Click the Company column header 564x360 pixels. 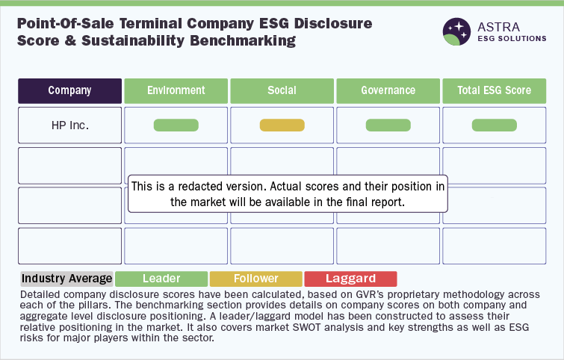(x=69, y=91)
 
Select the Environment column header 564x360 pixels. (x=176, y=91)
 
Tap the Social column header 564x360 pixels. (x=282, y=91)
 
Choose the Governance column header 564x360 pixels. (x=388, y=91)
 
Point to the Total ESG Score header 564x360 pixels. (x=495, y=91)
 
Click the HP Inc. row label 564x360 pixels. (x=69, y=125)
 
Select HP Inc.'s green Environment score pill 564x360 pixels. (x=176, y=125)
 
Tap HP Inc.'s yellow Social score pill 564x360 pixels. (x=282, y=125)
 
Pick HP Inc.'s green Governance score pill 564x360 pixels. (x=388, y=125)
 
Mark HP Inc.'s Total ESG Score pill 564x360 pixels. (x=495, y=125)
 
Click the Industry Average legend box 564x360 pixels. (x=67, y=279)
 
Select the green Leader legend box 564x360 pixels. (x=161, y=279)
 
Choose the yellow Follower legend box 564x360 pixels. (x=256, y=279)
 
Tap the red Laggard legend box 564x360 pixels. (x=350, y=279)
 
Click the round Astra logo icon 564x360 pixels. (x=457, y=31)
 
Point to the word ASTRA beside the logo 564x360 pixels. (x=498, y=27)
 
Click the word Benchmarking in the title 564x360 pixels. (x=243, y=40)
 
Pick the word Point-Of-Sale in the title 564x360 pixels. (x=66, y=24)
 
